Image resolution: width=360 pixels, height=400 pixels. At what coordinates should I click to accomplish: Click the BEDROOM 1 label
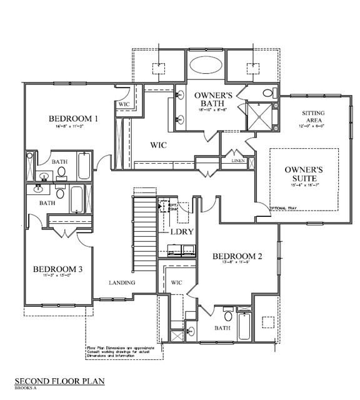point(74,118)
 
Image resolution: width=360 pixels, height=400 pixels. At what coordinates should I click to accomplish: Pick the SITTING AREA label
point(314,117)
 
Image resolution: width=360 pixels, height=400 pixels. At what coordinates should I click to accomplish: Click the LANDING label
point(121,282)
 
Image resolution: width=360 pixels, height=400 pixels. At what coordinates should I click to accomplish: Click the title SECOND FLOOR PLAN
point(60,381)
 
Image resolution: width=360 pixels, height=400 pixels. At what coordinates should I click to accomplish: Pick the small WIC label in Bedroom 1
point(124,104)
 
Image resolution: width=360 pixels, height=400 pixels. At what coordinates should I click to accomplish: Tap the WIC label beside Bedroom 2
point(176,282)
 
